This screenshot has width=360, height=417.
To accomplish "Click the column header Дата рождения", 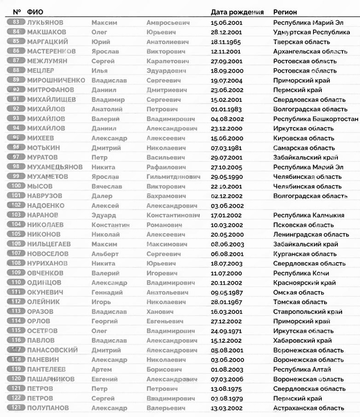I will tap(237, 12).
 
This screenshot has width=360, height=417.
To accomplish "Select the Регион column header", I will tap(285, 12).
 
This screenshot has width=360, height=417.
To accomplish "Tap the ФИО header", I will tap(35, 12).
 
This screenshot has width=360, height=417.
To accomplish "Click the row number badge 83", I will tap(16, 22).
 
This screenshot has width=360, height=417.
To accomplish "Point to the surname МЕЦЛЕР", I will tap(41, 70).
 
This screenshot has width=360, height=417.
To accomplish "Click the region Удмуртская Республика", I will tap(311, 32).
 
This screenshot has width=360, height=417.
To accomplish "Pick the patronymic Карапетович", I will tap(168, 61).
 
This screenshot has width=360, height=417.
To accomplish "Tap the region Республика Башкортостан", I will tap(315, 119).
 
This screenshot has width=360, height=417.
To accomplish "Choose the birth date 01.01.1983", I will tap(226, 109).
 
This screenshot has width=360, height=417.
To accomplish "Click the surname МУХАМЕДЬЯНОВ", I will tap(55, 167).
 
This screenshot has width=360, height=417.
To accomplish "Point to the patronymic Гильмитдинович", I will tap(173, 176).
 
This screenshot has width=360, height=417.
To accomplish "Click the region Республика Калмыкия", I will tap(308, 215).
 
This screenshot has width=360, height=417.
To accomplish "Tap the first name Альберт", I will tap(105, 253).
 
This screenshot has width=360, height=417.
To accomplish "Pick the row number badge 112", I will tap(16, 302).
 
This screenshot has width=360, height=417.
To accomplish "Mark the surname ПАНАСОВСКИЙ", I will tap(52, 350).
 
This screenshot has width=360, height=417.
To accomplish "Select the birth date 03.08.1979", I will tap(226, 398).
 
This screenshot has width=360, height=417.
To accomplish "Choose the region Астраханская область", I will tap(308, 408).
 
